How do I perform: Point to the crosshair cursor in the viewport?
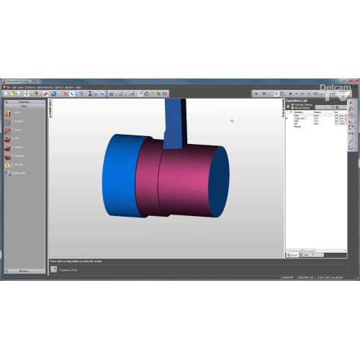pos(232,121)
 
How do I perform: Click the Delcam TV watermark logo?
pos(336,92)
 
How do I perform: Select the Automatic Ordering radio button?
pos(290,105)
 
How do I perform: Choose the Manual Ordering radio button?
pos(290,109)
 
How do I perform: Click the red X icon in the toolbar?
pos(66,94)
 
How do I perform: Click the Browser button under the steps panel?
pos(24,271)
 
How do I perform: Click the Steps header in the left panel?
pos(24,106)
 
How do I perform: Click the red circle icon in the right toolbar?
pos(351,114)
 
